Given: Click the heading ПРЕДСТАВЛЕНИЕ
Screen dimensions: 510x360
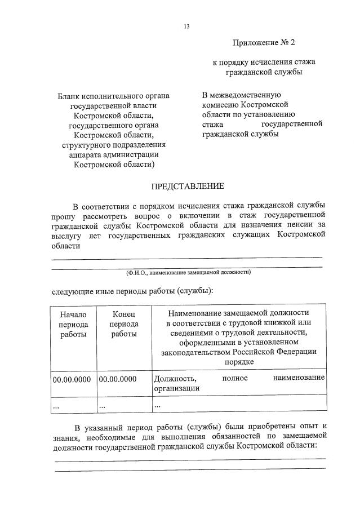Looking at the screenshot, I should coord(187,186).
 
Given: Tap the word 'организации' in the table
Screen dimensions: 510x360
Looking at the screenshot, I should coord(176,388).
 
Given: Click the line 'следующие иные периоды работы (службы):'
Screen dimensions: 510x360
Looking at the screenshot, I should coord(133,291).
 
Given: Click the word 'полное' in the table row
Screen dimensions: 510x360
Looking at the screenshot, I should coord(235,378).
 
